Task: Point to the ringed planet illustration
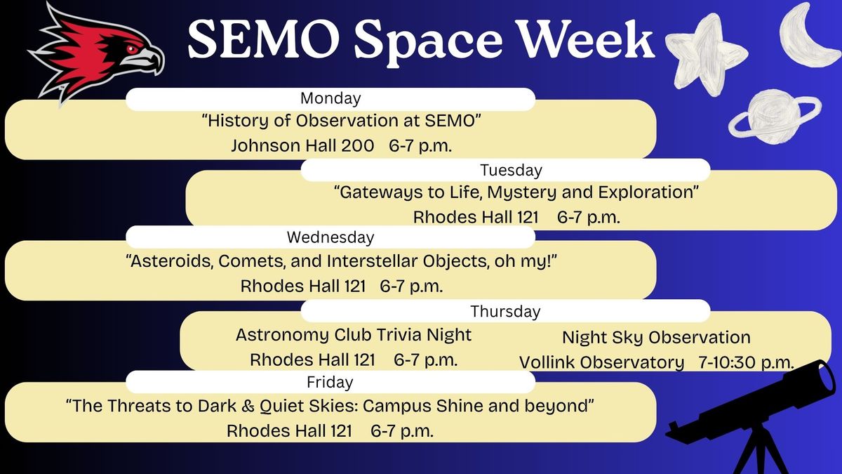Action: (x=774, y=116)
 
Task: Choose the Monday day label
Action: (x=330, y=98)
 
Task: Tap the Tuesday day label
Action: (x=511, y=170)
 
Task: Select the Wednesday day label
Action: (x=330, y=237)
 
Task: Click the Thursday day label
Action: (x=505, y=311)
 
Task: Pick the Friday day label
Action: (x=330, y=383)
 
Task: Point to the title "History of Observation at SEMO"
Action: (x=340, y=121)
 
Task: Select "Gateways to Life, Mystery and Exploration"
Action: (x=516, y=192)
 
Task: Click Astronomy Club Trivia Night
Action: (x=354, y=335)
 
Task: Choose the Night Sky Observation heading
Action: (x=656, y=338)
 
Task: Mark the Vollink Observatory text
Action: (x=601, y=362)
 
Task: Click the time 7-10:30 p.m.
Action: (x=746, y=362)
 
